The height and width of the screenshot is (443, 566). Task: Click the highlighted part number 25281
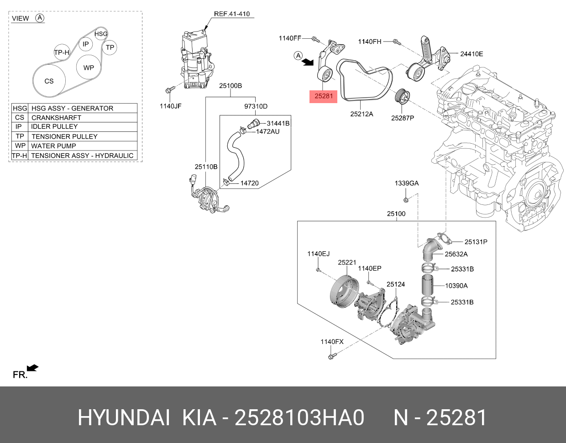coord(323,96)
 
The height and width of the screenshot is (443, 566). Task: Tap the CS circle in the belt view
coord(49,81)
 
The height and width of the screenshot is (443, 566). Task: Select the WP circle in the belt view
coord(89,68)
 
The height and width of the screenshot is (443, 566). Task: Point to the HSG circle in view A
coord(101,34)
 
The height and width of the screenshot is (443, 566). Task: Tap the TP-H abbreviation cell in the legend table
coord(19,156)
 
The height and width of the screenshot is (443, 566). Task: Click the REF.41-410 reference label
coord(231,14)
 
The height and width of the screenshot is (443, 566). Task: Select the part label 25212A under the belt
coord(362,114)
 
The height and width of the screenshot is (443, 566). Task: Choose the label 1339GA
coord(406,183)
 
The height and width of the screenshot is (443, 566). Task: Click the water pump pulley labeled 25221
coord(342,292)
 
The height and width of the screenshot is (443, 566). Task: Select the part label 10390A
coord(456,286)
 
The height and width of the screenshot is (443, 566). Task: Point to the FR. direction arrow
coord(32,368)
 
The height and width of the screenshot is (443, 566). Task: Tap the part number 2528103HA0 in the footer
coord(299,418)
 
